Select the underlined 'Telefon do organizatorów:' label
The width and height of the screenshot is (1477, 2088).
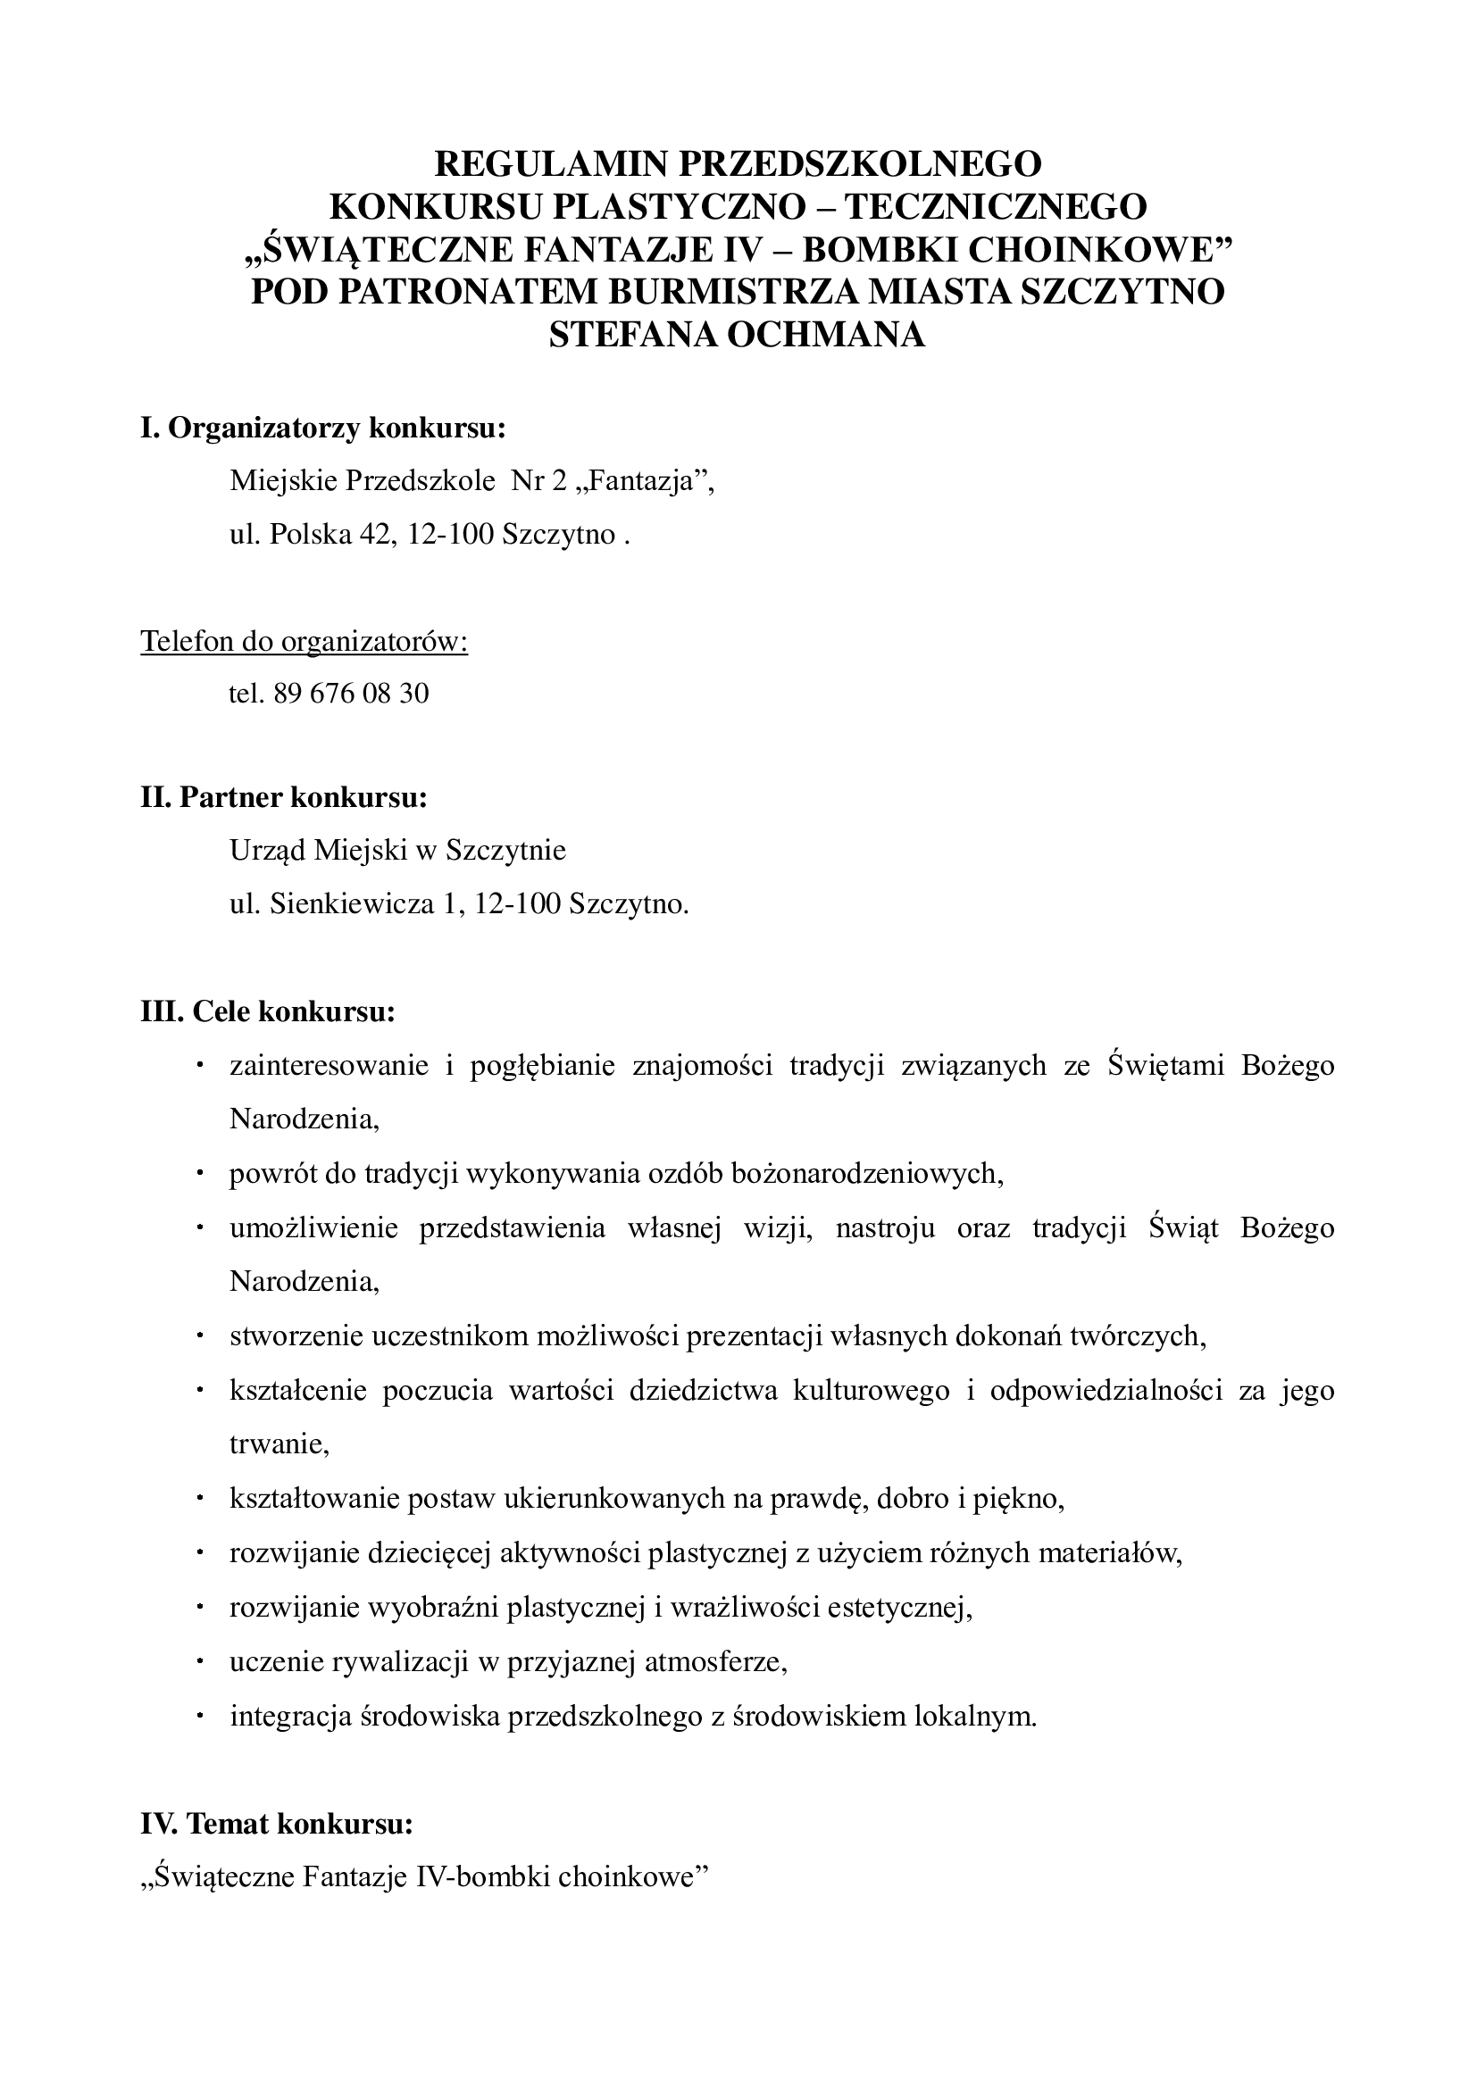pyautogui.click(x=305, y=641)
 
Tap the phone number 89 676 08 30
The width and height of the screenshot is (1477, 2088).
pyautogui.click(x=350, y=694)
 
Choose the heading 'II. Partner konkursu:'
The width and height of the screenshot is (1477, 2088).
pyautogui.click(x=284, y=797)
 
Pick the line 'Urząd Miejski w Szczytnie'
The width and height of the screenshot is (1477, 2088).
pyautogui.click(x=397, y=851)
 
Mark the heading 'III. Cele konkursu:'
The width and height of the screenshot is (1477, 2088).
pyautogui.click(x=268, y=1011)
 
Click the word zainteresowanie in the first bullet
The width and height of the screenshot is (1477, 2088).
pyautogui.click(x=330, y=1066)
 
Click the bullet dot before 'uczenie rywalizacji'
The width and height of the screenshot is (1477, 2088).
pyautogui.click(x=199, y=1660)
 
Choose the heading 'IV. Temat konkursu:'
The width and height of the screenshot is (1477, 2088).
pyautogui.click(x=278, y=1824)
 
